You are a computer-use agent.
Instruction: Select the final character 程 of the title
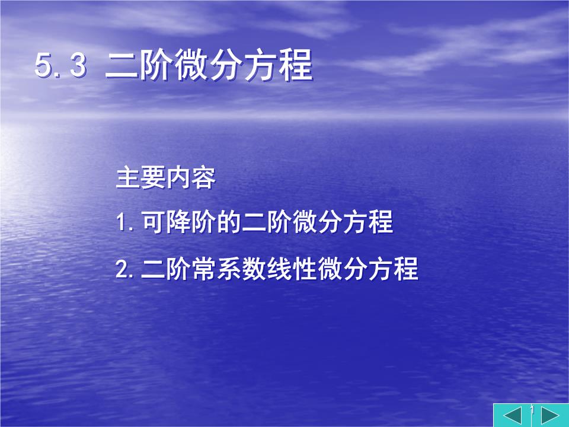(x=295, y=66)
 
